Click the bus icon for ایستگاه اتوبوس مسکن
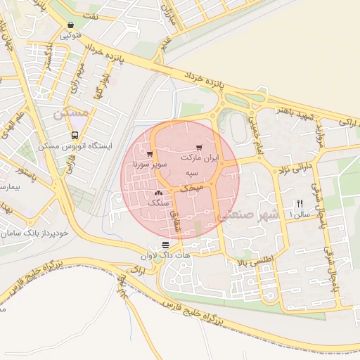[75, 136]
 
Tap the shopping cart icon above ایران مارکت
[200, 148]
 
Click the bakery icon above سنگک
[158, 192]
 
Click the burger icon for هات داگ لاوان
[165, 245]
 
